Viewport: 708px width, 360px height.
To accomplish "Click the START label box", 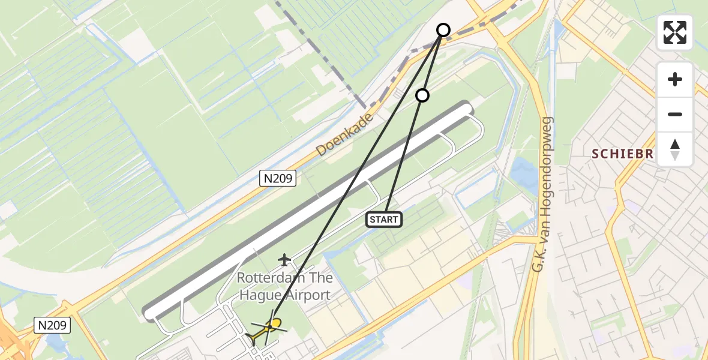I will point(384,220).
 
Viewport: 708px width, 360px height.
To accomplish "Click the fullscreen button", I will point(675,32).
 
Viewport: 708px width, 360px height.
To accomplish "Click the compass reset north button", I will point(675,149).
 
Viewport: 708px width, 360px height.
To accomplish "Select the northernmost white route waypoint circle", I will point(443,30).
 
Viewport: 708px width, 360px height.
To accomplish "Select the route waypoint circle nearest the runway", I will point(422,95).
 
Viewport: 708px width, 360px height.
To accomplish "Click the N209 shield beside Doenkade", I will point(278,178).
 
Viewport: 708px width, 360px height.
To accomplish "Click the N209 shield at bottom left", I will point(52,326).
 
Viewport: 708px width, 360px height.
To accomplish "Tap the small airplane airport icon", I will point(284,259).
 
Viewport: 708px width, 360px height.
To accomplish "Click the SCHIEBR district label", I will point(622,154).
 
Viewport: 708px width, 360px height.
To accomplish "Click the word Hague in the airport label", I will point(256,295).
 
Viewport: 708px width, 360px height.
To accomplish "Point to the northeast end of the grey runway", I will point(466,108).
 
